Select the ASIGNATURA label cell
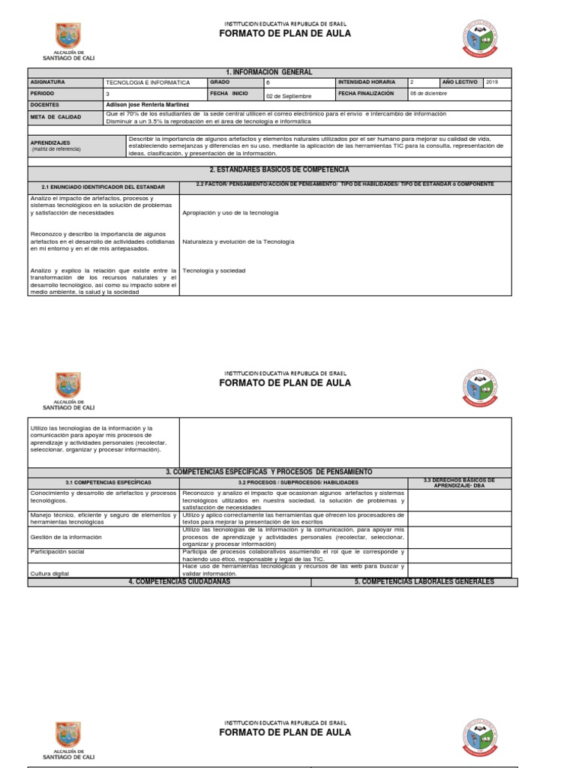(x=48, y=82)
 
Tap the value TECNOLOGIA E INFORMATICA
(x=148, y=82)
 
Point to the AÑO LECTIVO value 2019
(x=492, y=82)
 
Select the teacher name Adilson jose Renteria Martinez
(x=148, y=105)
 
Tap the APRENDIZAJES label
(x=50, y=142)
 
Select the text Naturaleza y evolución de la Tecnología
(x=238, y=241)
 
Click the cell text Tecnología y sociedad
(x=214, y=270)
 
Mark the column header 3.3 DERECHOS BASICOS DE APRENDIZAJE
(x=458, y=482)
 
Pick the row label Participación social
(x=58, y=551)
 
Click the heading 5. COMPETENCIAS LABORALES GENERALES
(x=424, y=582)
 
